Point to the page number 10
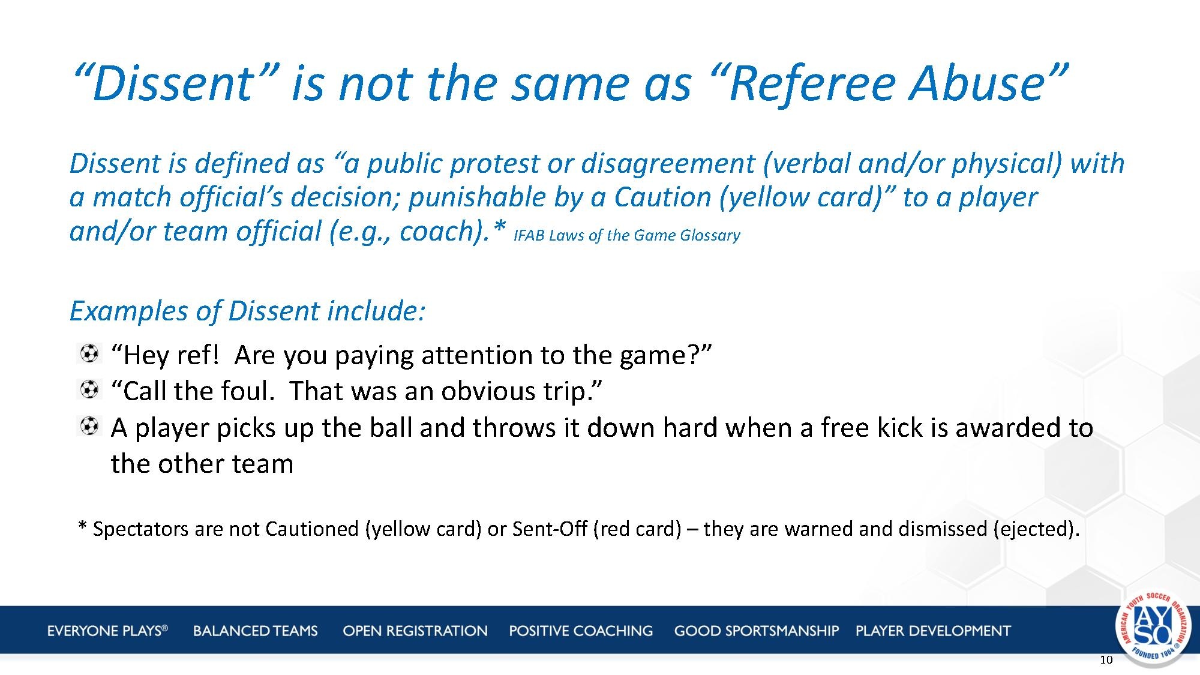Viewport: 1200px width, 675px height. (x=1106, y=660)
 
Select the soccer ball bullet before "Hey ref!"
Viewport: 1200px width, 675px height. (x=89, y=353)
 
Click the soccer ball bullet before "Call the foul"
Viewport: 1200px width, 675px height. (x=89, y=390)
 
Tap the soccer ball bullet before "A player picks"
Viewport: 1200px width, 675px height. (x=89, y=427)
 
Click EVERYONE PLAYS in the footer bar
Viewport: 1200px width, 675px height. (x=107, y=631)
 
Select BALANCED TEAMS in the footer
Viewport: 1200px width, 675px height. (x=256, y=631)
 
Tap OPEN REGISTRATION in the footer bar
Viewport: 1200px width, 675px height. (x=415, y=631)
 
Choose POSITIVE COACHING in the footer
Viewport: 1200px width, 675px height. (x=581, y=631)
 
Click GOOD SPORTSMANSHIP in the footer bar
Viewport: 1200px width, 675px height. (x=757, y=631)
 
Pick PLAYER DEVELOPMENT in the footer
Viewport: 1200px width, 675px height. (x=933, y=631)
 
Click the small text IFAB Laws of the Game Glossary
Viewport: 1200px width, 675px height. (x=627, y=235)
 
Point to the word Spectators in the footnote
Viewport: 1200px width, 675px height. (x=140, y=529)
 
